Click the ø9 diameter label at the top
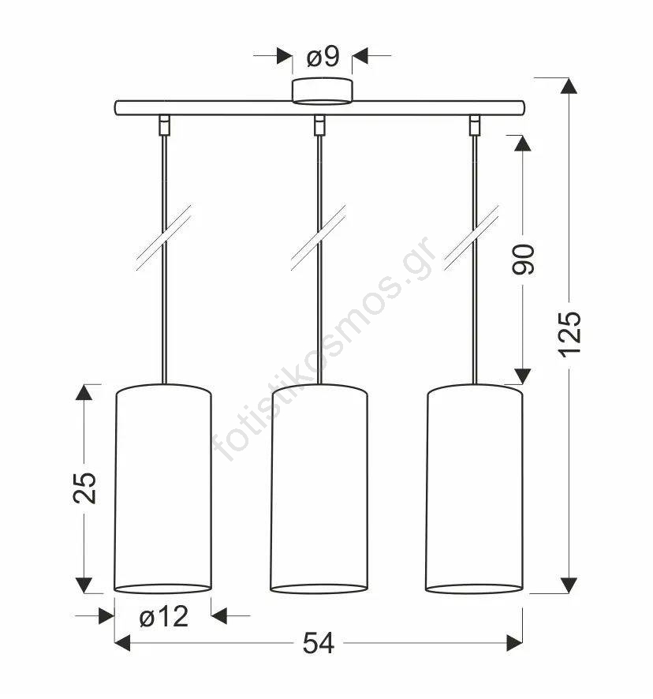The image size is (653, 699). click(323, 57)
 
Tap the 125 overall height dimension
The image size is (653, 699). click(569, 335)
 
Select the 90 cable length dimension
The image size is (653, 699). click(523, 260)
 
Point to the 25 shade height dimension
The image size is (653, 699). click(84, 488)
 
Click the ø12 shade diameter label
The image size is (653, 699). click(163, 617)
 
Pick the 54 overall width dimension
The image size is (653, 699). click(319, 643)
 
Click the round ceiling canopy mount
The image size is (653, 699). click(323, 91)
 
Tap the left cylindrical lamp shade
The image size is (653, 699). click(163, 488)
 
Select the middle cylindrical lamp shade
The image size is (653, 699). click(319, 488)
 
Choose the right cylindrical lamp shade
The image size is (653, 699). click(474, 488)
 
